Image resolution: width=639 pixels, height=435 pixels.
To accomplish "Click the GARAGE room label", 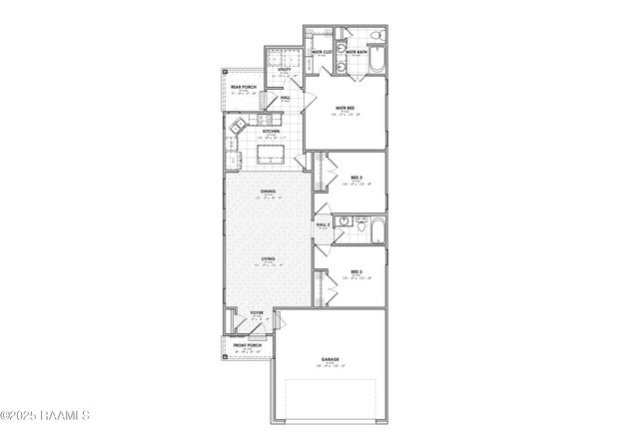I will tap(330, 359).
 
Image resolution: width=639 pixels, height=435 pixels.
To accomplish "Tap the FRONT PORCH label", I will tap(248, 345).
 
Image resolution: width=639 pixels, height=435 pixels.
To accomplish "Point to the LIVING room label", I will tap(268, 259).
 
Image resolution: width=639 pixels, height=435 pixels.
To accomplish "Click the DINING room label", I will tap(268, 190).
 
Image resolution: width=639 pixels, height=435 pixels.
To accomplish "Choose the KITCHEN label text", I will tap(270, 131).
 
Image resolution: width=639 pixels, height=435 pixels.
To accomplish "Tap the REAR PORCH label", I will tap(244, 87).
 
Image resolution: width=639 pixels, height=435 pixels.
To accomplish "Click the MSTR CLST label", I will tap(321, 51).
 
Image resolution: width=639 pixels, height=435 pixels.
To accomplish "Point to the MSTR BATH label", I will tap(357, 51).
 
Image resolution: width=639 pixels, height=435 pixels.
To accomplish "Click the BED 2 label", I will tap(356, 271).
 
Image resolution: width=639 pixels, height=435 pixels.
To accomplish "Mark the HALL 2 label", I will tap(323, 225).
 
